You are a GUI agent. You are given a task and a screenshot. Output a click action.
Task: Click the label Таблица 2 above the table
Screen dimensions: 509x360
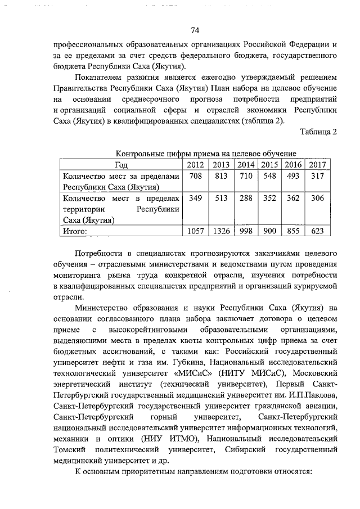click(x=318, y=132)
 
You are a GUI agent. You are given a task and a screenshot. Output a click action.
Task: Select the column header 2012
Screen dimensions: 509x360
click(x=196, y=164)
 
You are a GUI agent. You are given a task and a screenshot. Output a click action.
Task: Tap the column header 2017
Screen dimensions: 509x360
click(x=317, y=164)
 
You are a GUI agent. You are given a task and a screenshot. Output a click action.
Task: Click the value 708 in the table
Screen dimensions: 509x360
click(x=196, y=176)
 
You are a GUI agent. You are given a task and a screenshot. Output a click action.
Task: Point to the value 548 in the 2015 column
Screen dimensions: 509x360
click(x=269, y=176)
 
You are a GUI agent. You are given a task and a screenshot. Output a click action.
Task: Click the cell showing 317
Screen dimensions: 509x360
click(x=317, y=176)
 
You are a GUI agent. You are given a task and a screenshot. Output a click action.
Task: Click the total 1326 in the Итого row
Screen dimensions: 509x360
click(x=220, y=231)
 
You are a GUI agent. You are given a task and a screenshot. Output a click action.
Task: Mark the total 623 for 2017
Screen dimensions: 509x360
click(x=317, y=231)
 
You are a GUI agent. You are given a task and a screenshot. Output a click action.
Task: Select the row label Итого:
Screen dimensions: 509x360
click(x=76, y=231)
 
